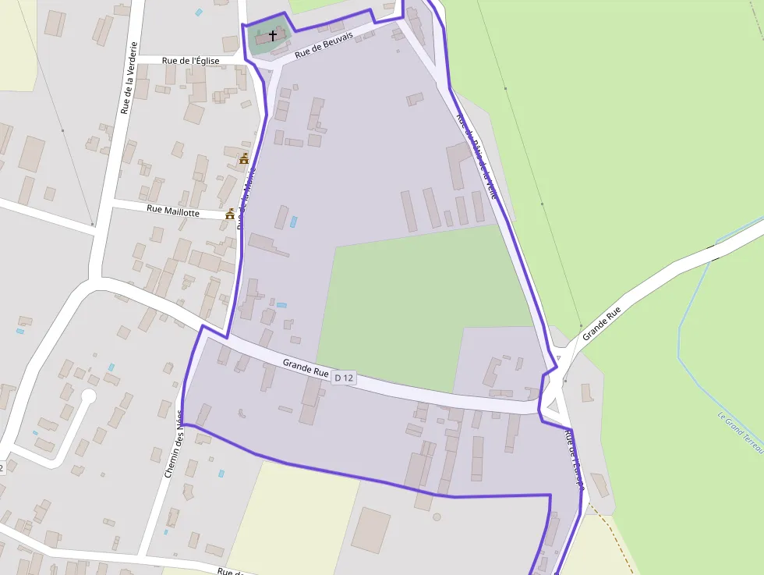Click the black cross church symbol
pos(273,35)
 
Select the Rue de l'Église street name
pos(191,60)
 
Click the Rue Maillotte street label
pos(173,211)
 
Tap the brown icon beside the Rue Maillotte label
pos(230,214)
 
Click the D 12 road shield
pos(344,378)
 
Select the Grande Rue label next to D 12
pos(306,367)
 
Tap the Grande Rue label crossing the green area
pos(603,322)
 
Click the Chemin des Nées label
pos(174,445)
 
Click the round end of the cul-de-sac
pos(88,396)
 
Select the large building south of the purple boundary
pos(370,531)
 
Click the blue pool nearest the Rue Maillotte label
pos(293,222)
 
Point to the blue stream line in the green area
pos(681,343)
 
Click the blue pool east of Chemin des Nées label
pos(221,473)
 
